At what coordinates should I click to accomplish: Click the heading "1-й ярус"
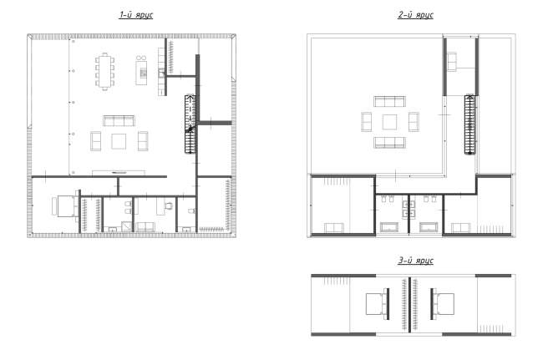pos(135,15)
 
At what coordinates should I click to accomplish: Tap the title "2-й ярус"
pos(415,15)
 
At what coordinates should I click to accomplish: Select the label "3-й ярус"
pos(415,261)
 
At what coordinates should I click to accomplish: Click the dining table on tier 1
pos(105,71)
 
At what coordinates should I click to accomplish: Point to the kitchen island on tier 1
pos(141,73)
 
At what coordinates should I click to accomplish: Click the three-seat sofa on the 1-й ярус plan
pos(119,121)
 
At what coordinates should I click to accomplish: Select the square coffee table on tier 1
pos(119,141)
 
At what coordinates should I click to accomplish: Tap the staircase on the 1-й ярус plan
pos(190,124)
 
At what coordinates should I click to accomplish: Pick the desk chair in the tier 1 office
pos(169,206)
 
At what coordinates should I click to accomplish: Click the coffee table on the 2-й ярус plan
pos(389,122)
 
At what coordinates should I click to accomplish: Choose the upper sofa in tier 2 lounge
pos(389,101)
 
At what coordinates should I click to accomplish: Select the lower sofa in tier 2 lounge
pos(389,143)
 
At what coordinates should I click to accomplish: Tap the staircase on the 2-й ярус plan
pos(469,124)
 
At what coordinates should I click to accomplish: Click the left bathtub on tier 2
pos(389,227)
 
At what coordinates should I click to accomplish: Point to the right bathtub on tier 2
pos(429,227)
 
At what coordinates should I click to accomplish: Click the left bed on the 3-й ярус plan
pos(377,304)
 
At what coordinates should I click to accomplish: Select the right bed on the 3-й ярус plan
pos(443,304)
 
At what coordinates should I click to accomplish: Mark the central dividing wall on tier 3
pos(409,305)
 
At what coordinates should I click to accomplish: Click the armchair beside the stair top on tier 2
pos(452,61)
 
